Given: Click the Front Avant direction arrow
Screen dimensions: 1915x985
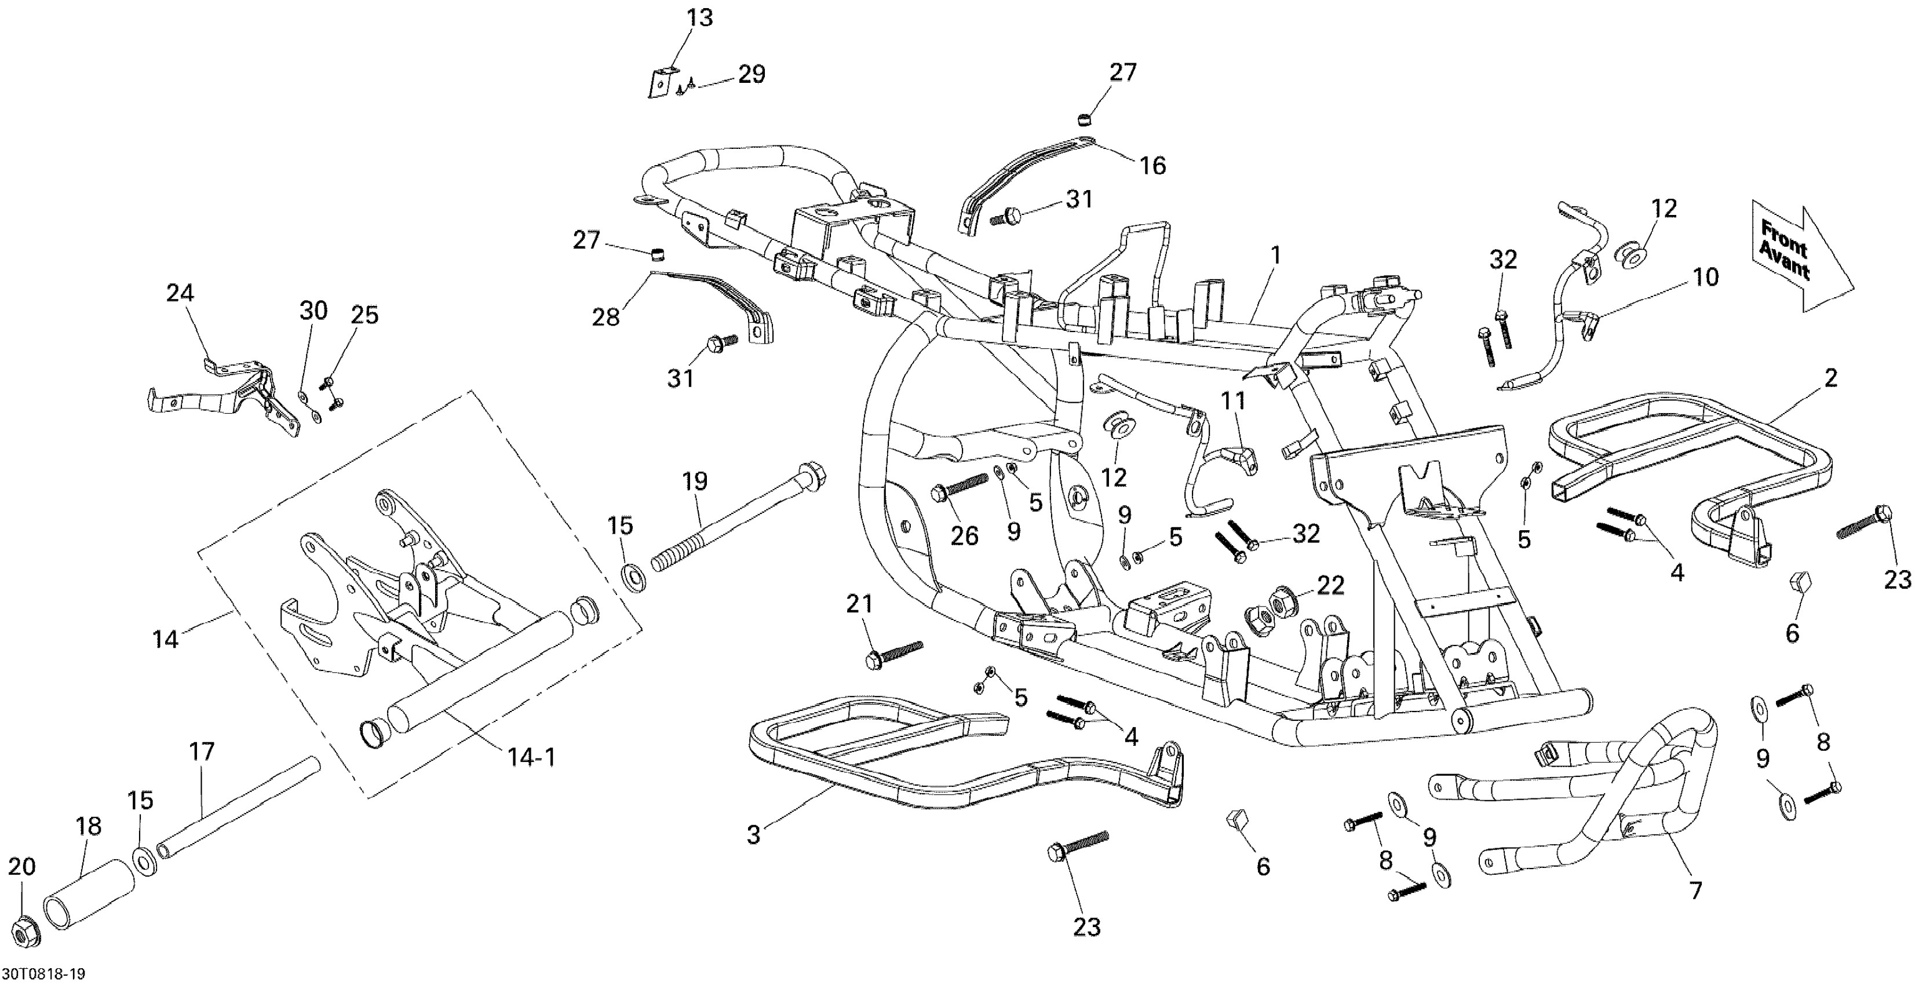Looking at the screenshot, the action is tap(1800, 257).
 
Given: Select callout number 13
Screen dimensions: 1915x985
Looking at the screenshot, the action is tap(699, 17).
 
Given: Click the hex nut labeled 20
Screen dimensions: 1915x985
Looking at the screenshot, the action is tap(27, 933).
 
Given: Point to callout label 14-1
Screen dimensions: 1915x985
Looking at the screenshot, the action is tap(531, 757).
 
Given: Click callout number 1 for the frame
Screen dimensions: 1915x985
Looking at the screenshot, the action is tap(1276, 255).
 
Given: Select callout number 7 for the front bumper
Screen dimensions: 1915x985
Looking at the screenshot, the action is tap(1696, 890).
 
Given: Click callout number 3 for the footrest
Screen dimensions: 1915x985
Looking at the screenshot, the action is tap(754, 835).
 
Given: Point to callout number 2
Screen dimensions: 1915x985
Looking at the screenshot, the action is tap(1830, 378).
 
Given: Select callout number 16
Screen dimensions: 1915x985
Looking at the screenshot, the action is tap(1152, 165).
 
